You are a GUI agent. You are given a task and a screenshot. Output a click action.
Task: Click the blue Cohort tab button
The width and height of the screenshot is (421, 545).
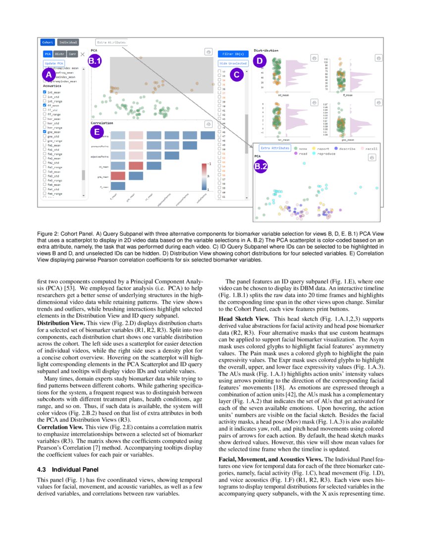pyautogui.click(x=48, y=43)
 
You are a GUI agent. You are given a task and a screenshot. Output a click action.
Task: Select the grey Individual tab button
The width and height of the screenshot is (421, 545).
pyautogui.click(x=68, y=43)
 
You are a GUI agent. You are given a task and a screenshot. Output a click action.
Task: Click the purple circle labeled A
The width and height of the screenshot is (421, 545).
pyautogui.click(x=49, y=74)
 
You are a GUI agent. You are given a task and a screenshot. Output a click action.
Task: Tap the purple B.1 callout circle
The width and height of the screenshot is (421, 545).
pyautogui.click(x=95, y=61)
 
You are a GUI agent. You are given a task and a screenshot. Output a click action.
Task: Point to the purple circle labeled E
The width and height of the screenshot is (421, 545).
pyautogui.click(x=97, y=132)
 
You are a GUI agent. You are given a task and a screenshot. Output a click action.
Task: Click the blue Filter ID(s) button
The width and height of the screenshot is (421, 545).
pyautogui.click(x=233, y=54)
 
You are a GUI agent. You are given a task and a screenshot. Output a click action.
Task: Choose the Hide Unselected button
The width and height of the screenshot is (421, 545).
pyautogui.click(x=233, y=63)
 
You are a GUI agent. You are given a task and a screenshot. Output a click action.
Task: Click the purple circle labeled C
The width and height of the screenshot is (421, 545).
pyautogui.click(x=236, y=75)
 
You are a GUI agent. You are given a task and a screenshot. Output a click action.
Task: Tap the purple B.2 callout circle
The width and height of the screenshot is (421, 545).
pyautogui.click(x=261, y=167)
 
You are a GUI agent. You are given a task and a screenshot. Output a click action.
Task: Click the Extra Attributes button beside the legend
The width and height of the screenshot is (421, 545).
pyautogui.click(x=274, y=148)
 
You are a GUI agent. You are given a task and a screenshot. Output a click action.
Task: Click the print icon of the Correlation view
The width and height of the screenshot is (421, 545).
pyautogui.click(x=208, y=124)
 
